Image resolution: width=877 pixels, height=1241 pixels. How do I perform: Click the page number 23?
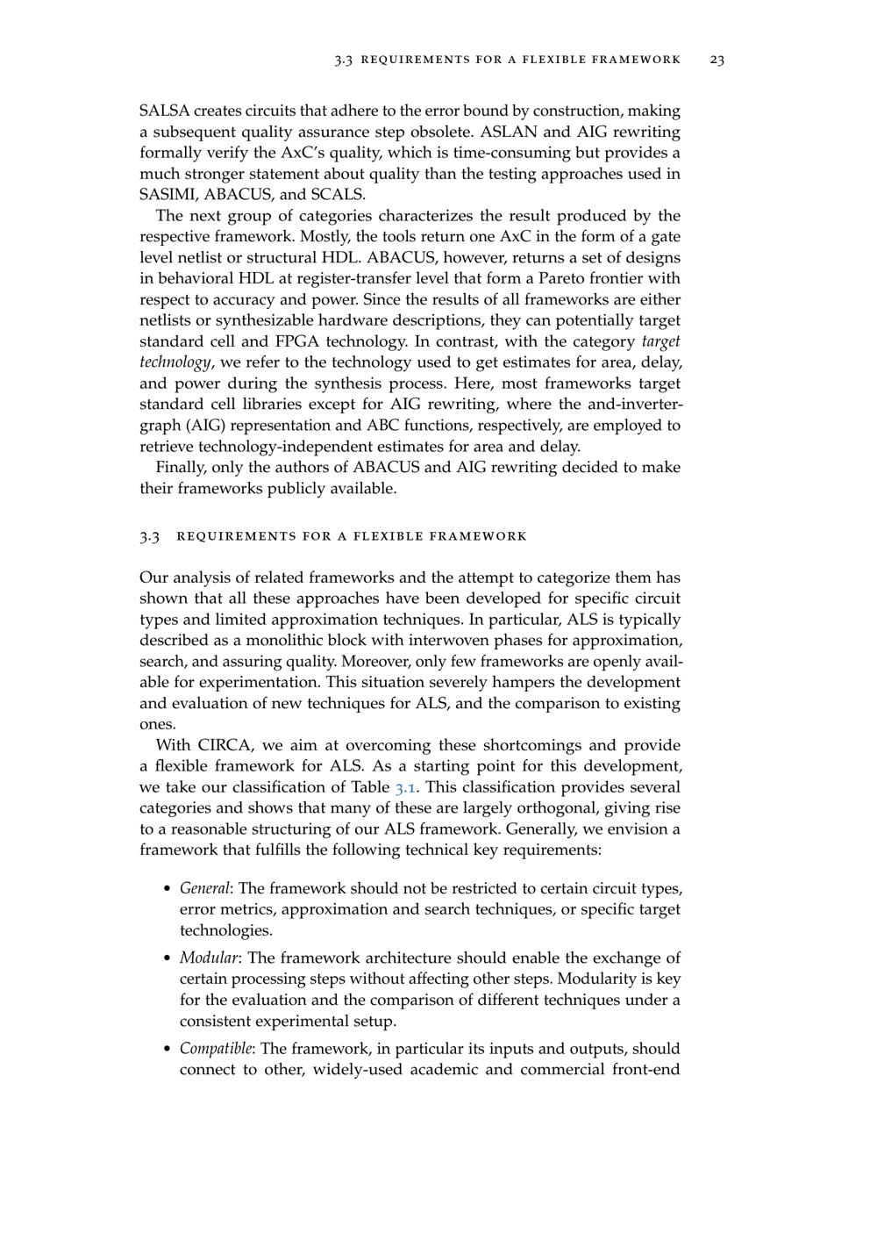click(x=717, y=60)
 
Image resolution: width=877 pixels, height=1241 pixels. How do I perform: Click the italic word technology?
click(x=175, y=363)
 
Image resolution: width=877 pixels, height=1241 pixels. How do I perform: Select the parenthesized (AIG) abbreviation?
click(x=165, y=426)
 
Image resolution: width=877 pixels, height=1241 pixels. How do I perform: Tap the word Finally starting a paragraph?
click(x=181, y=468)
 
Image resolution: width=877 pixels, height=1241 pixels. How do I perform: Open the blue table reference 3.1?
click(x=405, y=788)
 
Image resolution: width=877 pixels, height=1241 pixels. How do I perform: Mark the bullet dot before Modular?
click(x=168, y=958)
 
